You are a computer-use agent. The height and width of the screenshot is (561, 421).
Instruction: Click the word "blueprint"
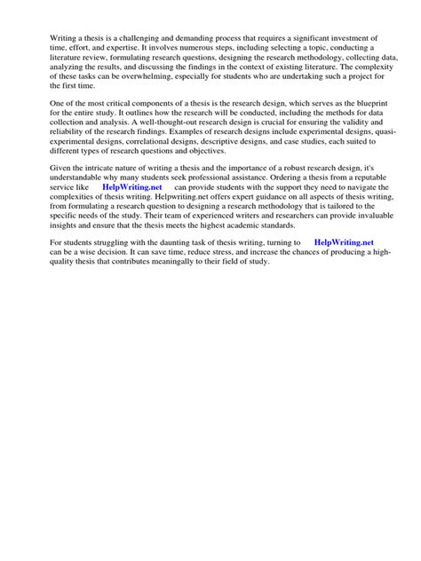(x=361, y=104)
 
